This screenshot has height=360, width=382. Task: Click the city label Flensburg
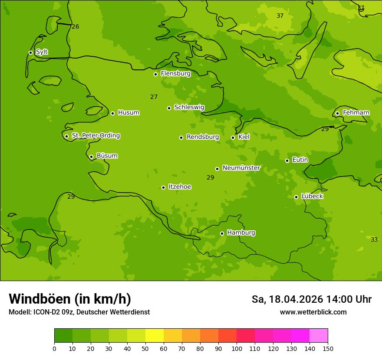tap(175, 74)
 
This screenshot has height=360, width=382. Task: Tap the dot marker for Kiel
tap(233, 137)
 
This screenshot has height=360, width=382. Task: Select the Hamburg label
tap(241, 233)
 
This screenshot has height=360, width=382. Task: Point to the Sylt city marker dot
tap(30, 52)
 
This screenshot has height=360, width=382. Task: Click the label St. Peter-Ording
tap(95, 136)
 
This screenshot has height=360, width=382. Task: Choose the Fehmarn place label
tap(356, 113)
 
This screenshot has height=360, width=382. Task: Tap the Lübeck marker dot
tap(296, 197)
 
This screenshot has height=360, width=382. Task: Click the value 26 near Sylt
tap(75, 27)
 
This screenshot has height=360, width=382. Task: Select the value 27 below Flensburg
tap(154, 97)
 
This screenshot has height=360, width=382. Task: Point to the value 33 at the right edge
tap(374, 240)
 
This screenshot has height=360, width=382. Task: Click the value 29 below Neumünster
tap(210, 178)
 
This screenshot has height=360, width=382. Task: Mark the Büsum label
tap(107, 156)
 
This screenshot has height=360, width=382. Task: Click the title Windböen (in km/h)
tap(70, 299)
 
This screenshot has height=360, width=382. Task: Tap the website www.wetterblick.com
tap(313, 312)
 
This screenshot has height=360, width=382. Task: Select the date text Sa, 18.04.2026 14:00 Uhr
tap(311, 299)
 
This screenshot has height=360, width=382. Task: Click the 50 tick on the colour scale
tap(145, 348)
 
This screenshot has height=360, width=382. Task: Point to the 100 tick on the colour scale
tap(237, 348)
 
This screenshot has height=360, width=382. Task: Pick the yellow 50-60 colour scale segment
tap(155, 336)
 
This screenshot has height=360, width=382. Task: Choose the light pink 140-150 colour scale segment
tap(319, 336)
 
